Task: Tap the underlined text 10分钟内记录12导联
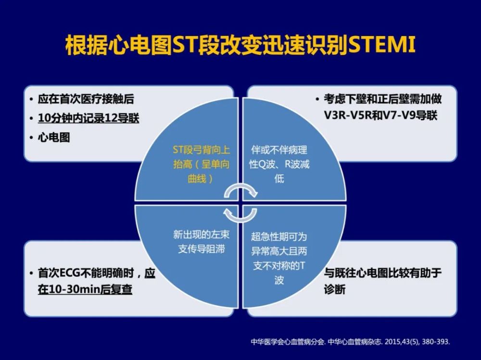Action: point(89,118)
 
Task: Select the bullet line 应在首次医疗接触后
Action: point(86,99)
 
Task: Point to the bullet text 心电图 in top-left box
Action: point(54,137)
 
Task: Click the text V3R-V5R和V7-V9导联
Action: point(380,116)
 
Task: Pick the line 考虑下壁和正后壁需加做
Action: point(383,99)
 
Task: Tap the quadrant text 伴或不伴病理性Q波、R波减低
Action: point(279,164)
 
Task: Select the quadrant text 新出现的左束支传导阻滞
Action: point(201,242)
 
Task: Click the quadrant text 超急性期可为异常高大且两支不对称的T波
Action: point(279,258)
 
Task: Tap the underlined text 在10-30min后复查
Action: point(85,289)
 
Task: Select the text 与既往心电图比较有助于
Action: point(383,273)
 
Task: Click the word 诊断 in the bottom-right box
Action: point(335,289)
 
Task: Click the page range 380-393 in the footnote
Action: point(435,342)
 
